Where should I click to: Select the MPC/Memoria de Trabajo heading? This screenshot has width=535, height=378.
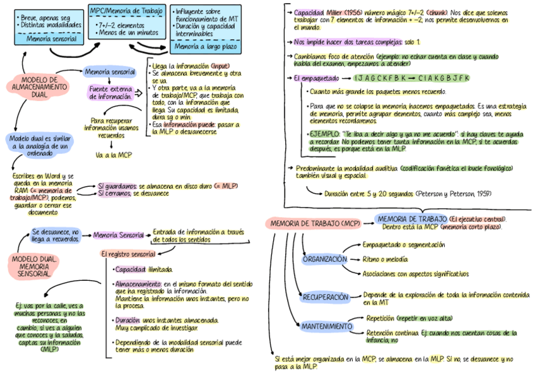coord(127,10)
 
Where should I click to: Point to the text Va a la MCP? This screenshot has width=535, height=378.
coord(114,155)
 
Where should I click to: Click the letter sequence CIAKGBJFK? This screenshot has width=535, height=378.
coord(444,78)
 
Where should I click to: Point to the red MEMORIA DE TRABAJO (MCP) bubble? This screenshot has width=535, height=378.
coord(315,223)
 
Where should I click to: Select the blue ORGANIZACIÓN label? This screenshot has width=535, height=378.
coord(324,259)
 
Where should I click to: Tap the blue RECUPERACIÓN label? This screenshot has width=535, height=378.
coord(326,297)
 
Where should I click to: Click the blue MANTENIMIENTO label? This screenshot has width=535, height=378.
coord(326,326)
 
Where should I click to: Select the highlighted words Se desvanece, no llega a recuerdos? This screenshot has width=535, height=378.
coord(56,235)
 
